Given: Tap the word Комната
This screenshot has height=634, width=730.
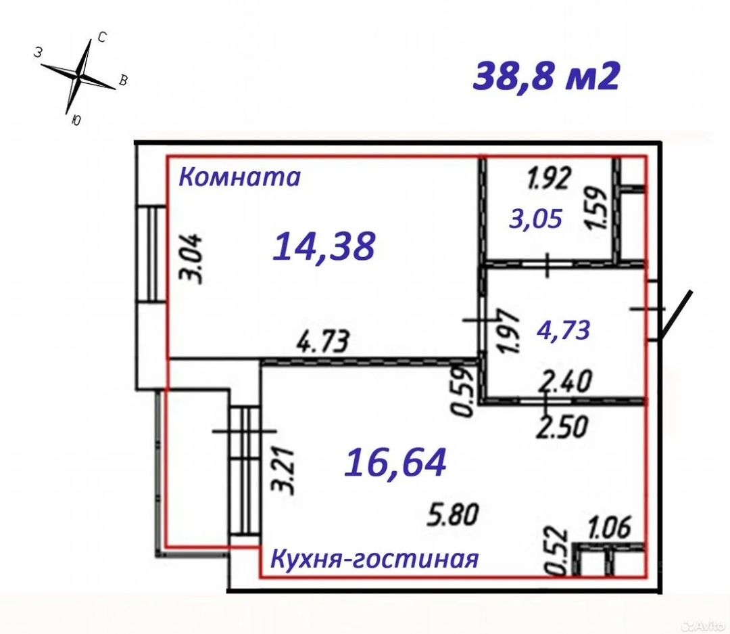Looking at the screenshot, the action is click(x=241, y=177).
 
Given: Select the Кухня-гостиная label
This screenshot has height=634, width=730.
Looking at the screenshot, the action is click(x=374, y=560).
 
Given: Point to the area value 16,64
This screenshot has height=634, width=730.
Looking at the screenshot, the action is click(x=395, y=463).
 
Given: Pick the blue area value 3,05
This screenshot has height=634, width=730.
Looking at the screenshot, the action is click(x=536, y=219).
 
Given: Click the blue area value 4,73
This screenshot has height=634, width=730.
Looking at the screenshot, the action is click(x=564, y=330).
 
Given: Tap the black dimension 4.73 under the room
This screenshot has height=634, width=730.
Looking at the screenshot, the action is click(x=323, y=342).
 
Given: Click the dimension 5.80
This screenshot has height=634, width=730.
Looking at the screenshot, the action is click(x=453, y=516).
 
